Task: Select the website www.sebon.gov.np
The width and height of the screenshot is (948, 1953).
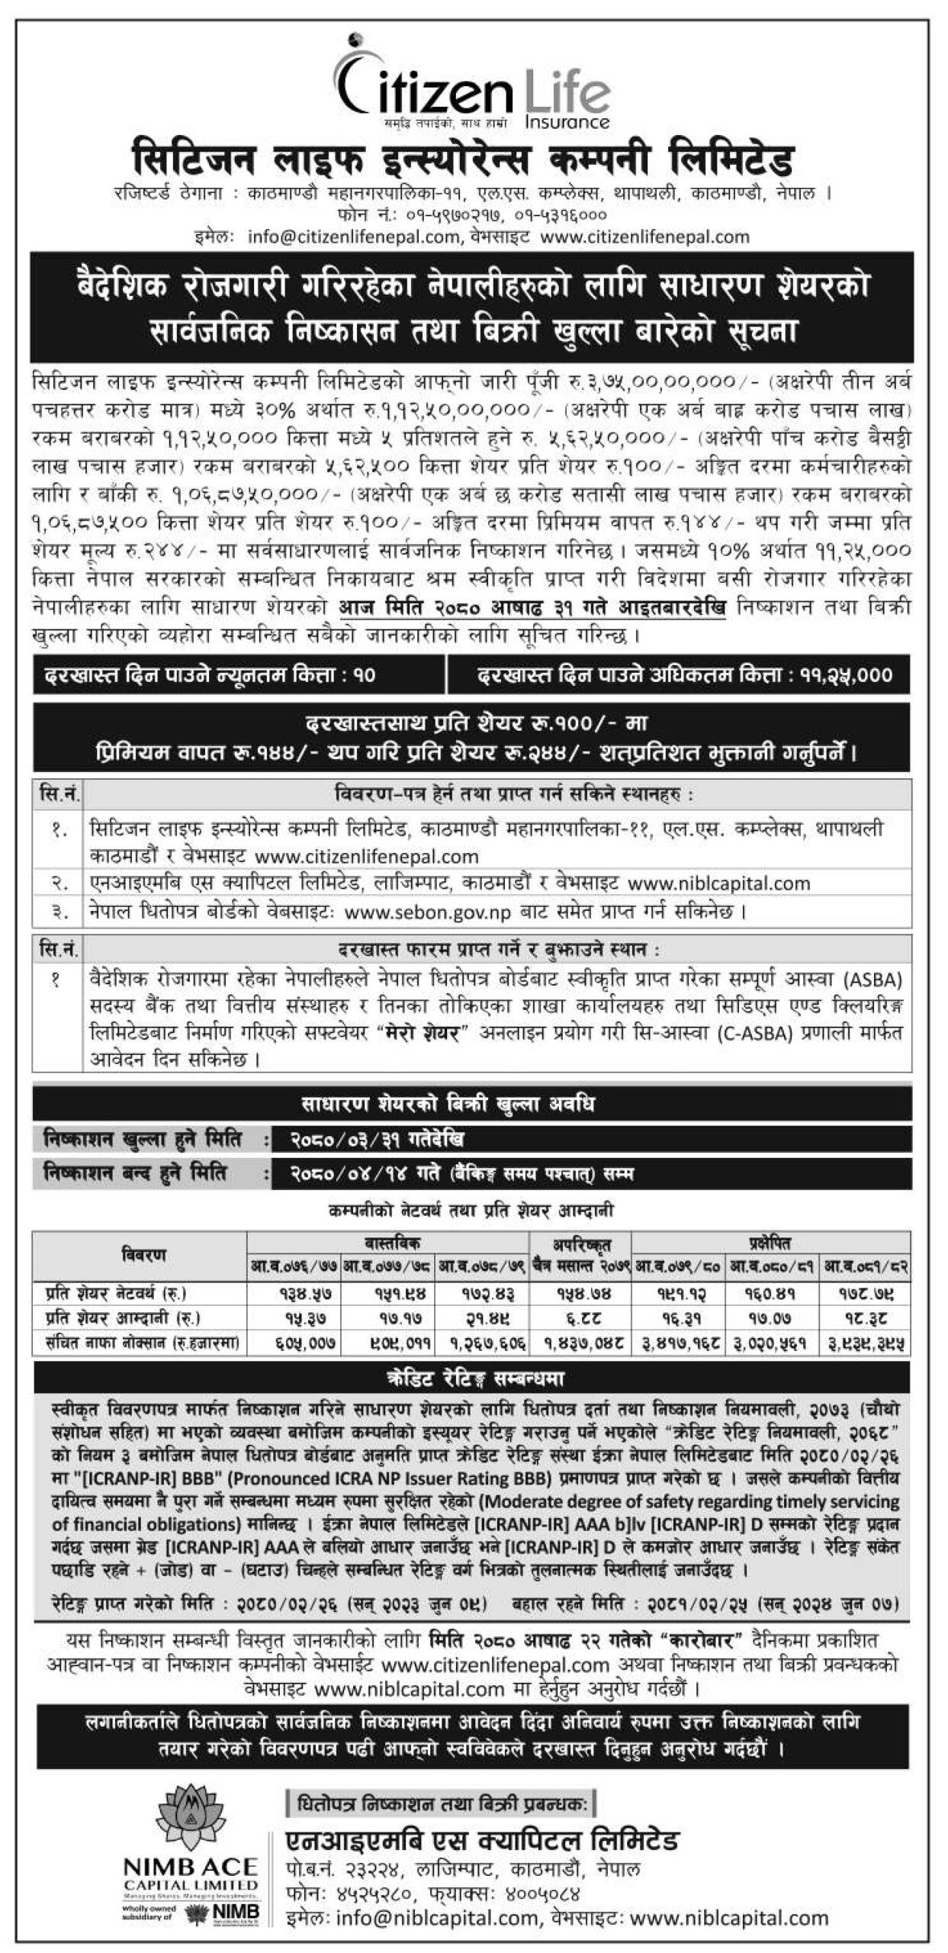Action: tap(427, 911)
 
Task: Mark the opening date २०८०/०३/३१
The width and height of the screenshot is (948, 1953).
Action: tap(343, 1140)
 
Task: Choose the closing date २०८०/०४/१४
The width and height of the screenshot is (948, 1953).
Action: tap(343, 1174)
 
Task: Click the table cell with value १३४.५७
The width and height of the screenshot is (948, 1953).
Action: tap(293, 1293)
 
